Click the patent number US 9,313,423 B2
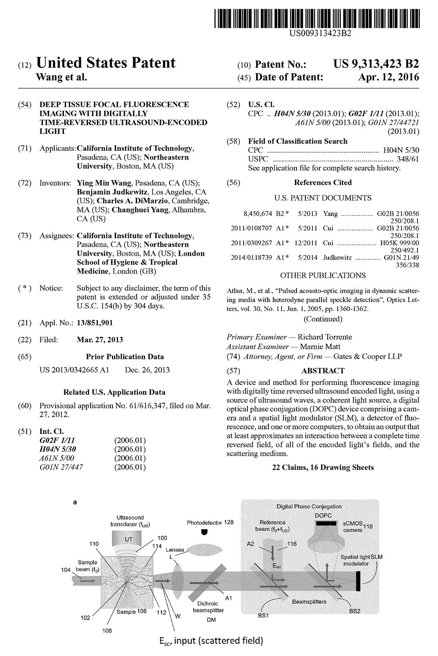pyautogui.click(x=376, y=64)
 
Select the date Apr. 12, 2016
pyautogui.click(x=389, y=77)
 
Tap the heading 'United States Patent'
pyautogui.click(x=106, y=63)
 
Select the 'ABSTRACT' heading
pyautogui.click(x=323, y=370)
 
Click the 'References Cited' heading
pyautogui.click(x=323, y=182)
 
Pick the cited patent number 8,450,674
pyautogui.click(x=258, y=214)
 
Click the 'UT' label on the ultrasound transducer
pyautogui.click(x=128, y=539)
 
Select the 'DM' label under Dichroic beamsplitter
pyautogui.click(x=211, y=620)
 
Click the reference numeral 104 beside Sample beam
pyautogui.click(x=65, y=570)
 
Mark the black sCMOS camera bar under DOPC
pyautogui.click(x=323, y=523)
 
